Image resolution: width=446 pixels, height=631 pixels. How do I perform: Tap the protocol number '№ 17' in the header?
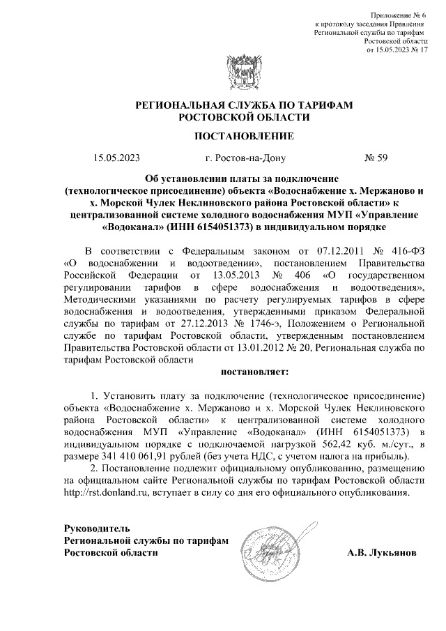[417, 50]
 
